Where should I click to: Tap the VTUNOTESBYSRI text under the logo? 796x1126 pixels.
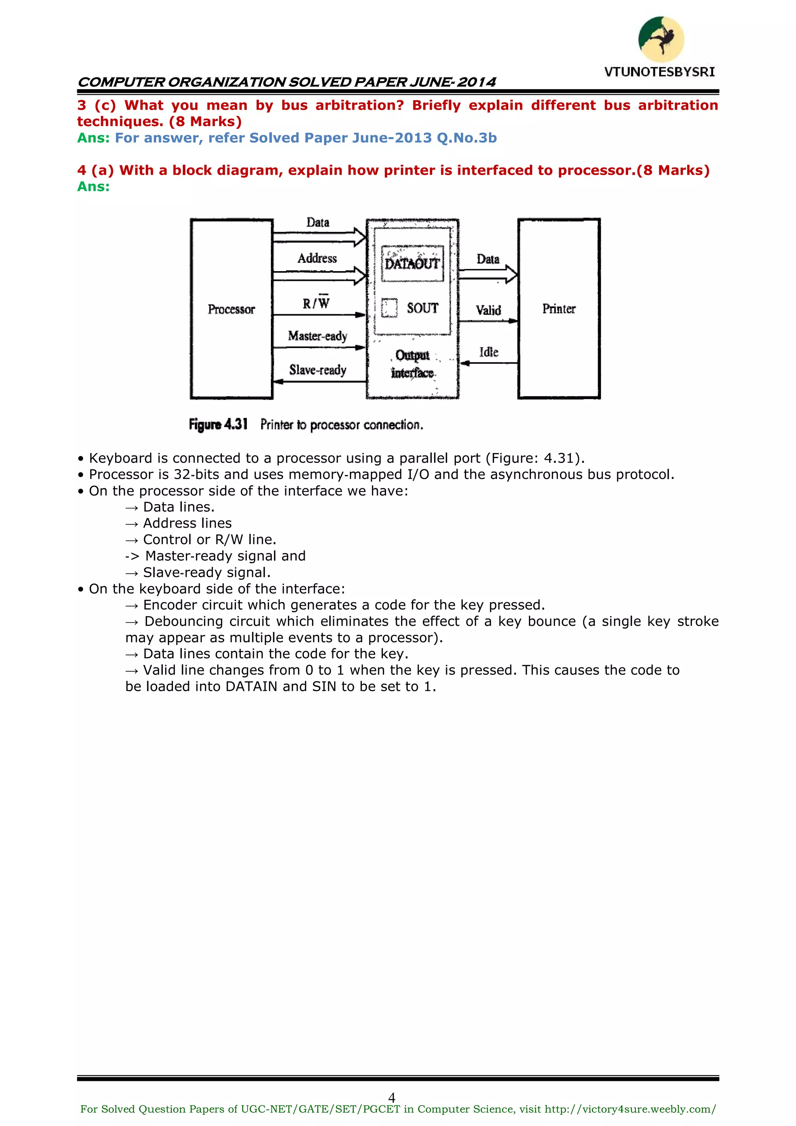pos(659,72)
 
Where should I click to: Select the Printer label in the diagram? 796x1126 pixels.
pos(559,309)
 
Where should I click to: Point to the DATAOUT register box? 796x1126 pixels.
pos(412,264)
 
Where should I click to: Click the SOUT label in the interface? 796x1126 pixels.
pos(422,308)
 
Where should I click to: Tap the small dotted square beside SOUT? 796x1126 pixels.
pos(389,308)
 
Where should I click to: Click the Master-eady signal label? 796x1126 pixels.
pos(318,336)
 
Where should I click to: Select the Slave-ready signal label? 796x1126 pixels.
pos(318,370)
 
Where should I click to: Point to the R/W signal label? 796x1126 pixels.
pos(316,303)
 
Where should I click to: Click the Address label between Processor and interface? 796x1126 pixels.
pos(317,258)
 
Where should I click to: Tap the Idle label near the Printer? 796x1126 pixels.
pos(489,352)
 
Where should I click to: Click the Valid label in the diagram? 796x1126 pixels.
pos(488,310)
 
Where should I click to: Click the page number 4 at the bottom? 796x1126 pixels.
pos(392,1098)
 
